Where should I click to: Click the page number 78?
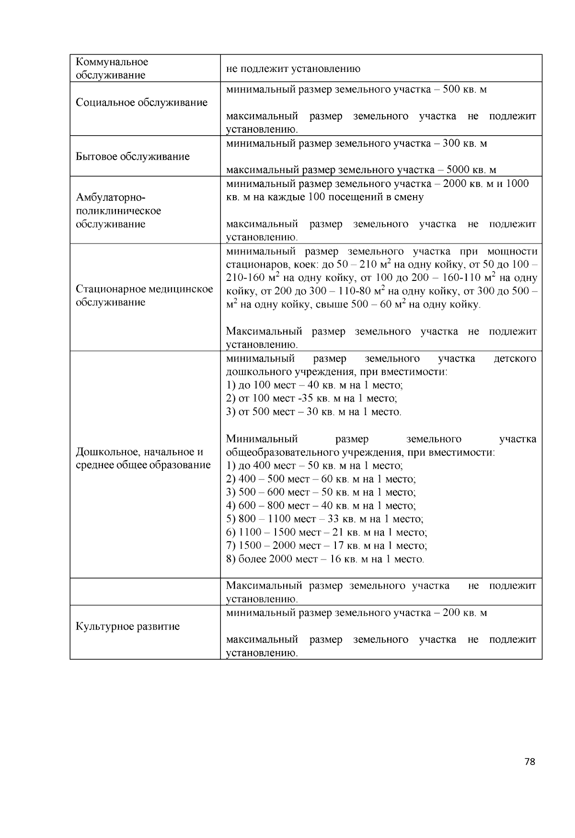point(529,762)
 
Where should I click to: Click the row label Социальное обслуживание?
point(141,103)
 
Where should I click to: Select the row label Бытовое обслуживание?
point(132,156)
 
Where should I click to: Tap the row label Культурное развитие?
point(127,626)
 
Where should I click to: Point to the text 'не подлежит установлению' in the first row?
point(293,69)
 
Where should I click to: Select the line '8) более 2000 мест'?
point(324,559)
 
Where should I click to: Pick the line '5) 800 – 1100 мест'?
point(324,519)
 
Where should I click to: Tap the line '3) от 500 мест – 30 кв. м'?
point(313,412)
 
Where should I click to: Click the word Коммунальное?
point(112,62)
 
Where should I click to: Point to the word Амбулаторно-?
point(110,198)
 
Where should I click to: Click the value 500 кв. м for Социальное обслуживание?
point(465,90)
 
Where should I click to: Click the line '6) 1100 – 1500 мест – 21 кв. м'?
point(326,532)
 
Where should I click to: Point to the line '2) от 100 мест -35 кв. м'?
point(311,398)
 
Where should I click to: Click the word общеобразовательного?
point(283,452)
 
